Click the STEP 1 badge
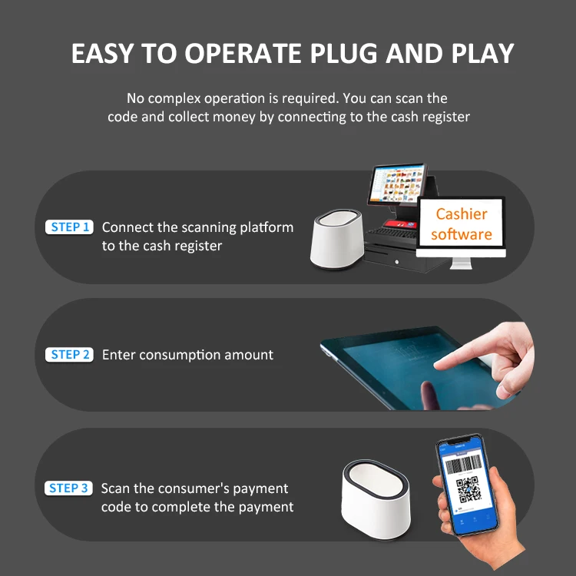click(70, 227)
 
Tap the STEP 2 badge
click(70, 355)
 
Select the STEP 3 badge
click(70, 488)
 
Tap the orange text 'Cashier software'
click(462, 223)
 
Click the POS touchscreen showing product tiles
click(397, 186)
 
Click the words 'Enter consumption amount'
click(187, 355)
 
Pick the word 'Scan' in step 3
click(116, 488)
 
